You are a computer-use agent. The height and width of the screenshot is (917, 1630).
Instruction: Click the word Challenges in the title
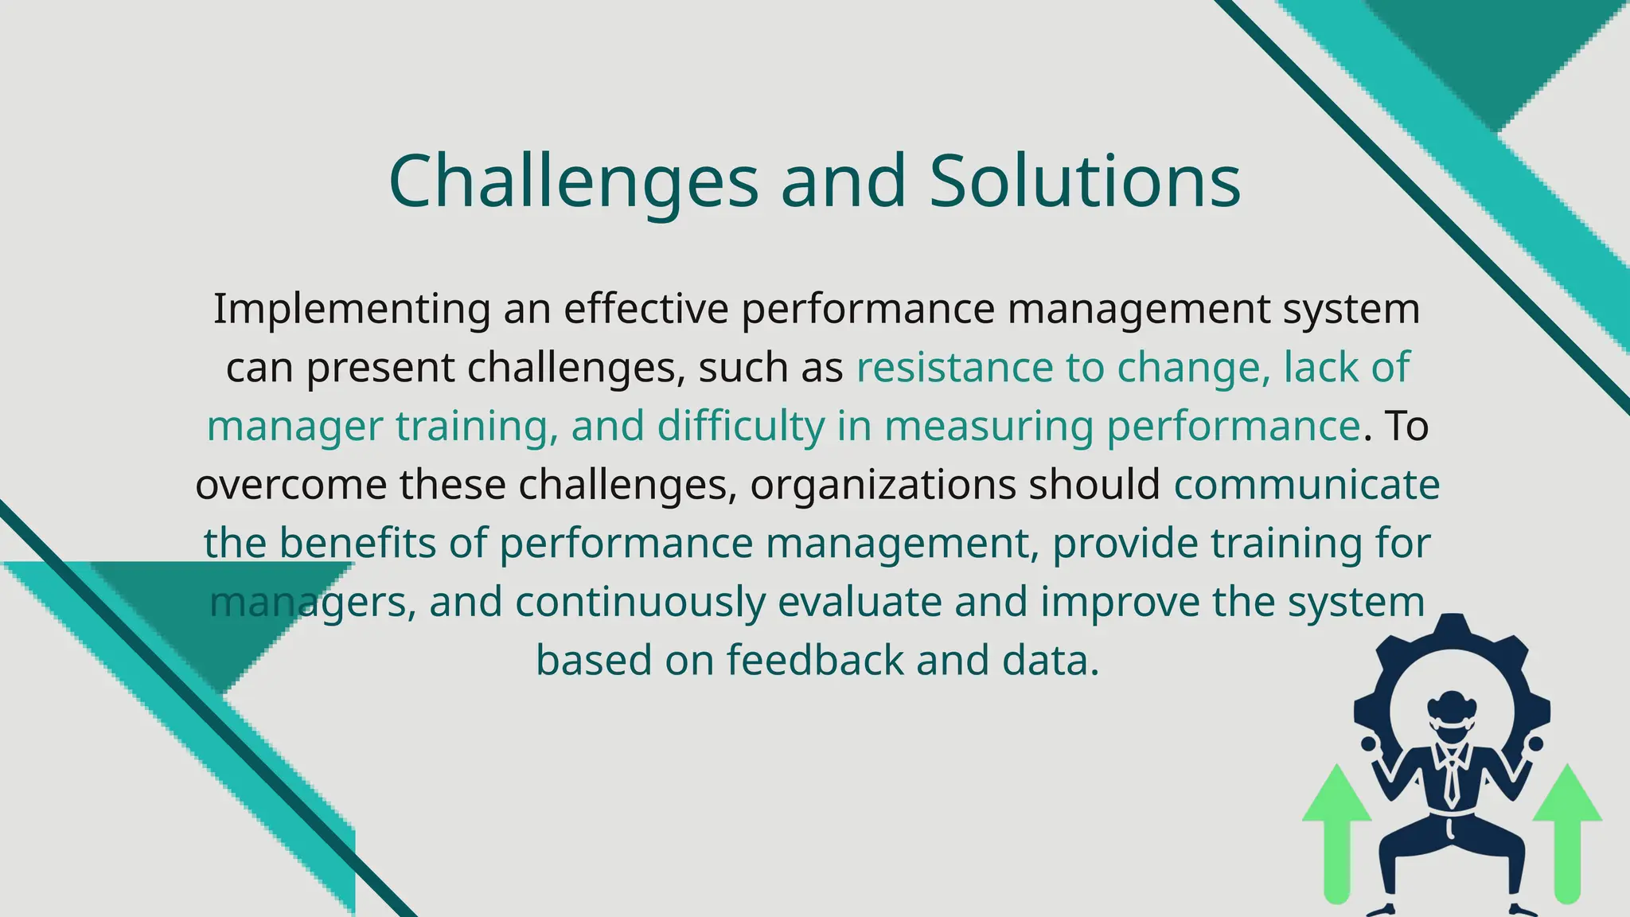(x=573, y=181)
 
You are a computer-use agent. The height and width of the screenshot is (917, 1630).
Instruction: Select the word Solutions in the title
(x=1085, y=181)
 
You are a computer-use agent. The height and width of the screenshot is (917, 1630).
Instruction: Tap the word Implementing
(x=351, y=309)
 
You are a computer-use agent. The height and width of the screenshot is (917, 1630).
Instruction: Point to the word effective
(x=645, y=309)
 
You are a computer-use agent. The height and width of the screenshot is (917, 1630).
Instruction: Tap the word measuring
(x=989, y=426)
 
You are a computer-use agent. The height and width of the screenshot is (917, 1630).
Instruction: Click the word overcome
(x=291, y=485)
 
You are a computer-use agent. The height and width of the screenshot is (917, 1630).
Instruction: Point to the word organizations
(x=883, y=485)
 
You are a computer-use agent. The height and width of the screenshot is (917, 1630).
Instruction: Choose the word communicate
(x=1307, y=485)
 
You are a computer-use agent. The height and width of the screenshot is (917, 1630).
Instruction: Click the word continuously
(x=640, y=602)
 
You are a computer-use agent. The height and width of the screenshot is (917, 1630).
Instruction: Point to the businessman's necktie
(x=1452, y=776)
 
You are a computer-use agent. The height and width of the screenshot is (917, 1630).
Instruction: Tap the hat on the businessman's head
(x=1452, y=705)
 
